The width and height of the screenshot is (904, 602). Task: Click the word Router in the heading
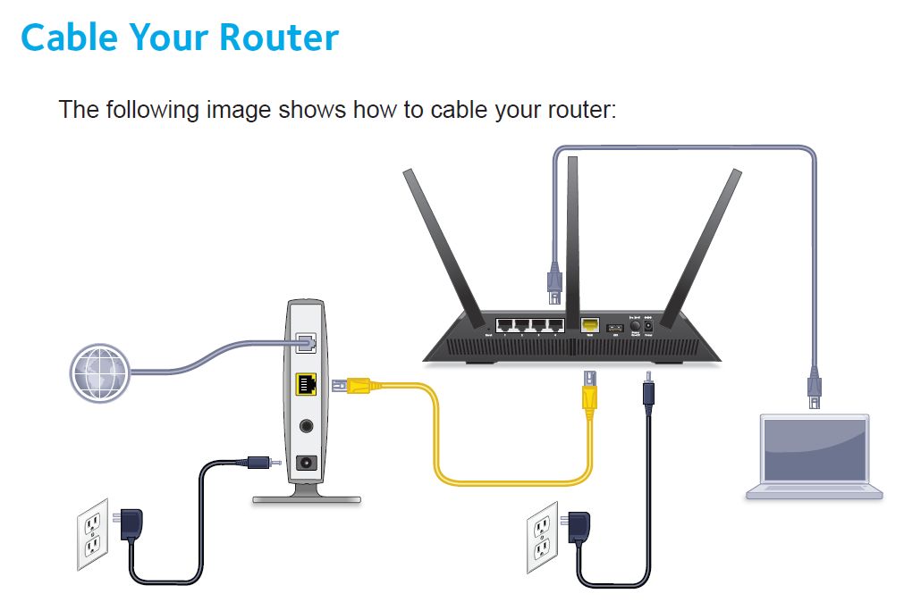coord(283,38)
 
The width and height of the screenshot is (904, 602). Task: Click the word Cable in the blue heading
coord(69,38)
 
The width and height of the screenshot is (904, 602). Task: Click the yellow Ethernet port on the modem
coord(306,386)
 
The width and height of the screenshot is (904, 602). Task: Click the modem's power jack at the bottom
coord(308,463)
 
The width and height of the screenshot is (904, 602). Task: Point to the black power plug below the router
coord(645,396)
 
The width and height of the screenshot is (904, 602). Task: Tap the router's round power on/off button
coord(637,326)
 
